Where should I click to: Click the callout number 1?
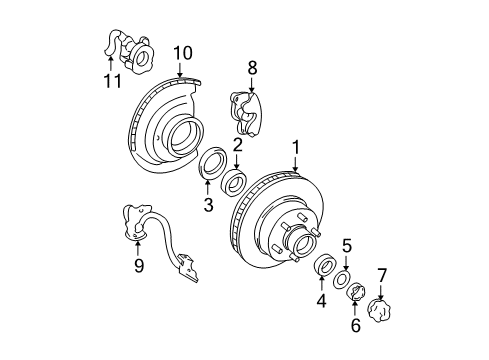(x=296, y=149)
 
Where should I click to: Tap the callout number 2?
(x=238, y=146)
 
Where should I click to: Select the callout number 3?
(x=208, y=205)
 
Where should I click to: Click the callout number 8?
(x=252, y=67)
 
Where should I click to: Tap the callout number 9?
(x=139, y=265)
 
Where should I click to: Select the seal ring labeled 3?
(x=213, y=166)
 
